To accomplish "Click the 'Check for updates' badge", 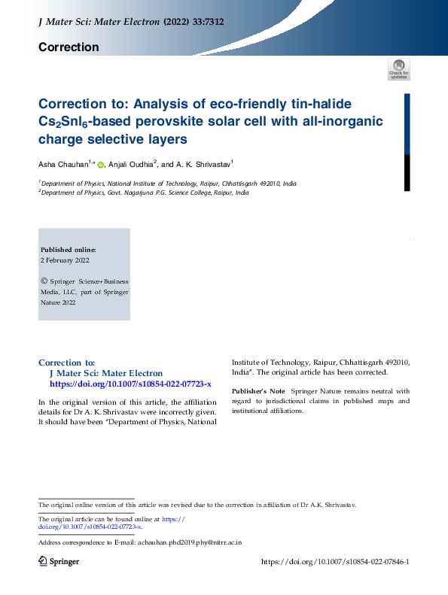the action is point(398,69).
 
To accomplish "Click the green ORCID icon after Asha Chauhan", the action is point(100,164).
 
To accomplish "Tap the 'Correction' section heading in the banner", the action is point(69,47).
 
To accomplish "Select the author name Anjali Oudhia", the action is point(131,163).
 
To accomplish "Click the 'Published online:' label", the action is point(68,249).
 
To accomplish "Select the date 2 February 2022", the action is point(65,260).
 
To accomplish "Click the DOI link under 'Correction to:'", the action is point(130,384).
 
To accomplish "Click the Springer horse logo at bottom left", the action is point(43,562).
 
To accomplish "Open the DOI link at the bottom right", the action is point(334,562).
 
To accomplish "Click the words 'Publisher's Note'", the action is point(258,391).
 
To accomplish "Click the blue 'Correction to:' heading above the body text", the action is point(66,363).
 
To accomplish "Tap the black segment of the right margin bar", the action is point(407,173).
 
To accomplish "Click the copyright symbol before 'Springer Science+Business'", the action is point(43,281).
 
